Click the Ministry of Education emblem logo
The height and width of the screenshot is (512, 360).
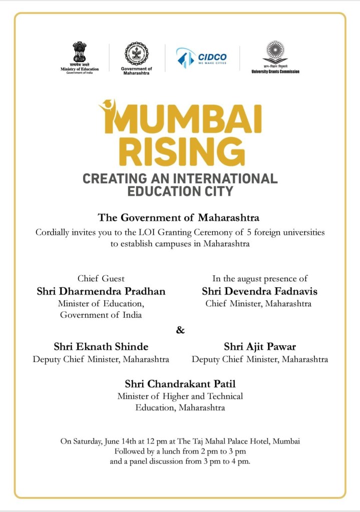pos(80,53)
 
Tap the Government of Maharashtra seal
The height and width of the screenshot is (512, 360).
pos(137,54)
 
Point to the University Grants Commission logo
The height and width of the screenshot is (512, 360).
pos(275,53)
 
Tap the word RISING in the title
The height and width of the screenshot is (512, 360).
pos(178,151)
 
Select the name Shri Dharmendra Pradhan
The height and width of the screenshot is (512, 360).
pos(101,291)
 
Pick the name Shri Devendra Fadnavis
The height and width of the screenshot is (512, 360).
pos(259,291)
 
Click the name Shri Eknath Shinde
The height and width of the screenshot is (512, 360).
pos(101,347)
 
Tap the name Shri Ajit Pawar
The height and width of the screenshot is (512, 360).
pos(260,347)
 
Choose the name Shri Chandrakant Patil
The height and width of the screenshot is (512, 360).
pos(180,384)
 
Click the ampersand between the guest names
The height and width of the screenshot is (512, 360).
pos(180,330)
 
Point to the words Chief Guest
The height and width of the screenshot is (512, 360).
pos(101,278)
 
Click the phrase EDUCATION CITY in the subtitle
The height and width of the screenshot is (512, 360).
pos(180,191)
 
